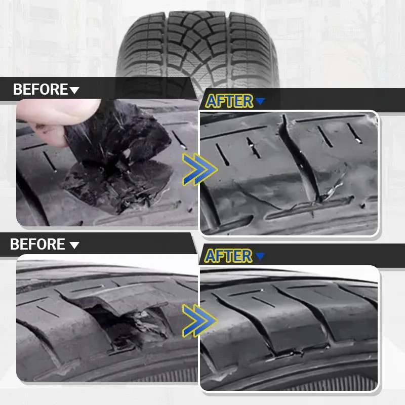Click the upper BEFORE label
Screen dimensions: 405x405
pyautogui.click(x=40, y=89)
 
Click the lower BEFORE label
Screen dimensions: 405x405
pyautogui.click(x=37, y=244)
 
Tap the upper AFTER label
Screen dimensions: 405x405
pyautogui.click(x=229, y=101)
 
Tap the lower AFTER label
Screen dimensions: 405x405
pyautogui.click(x=228, y=256)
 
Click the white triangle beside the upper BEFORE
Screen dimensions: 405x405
pyautogui.click(x=74, y=90)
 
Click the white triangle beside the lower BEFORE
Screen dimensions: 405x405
pyautogui.click(x=74, y=245)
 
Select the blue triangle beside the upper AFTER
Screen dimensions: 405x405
pyautogui.click(x=260, y=101)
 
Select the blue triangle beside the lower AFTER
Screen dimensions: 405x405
pyautogui.click(x=260, y=256)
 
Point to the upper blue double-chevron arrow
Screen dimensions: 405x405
pyautogui.click(x=199, y=170)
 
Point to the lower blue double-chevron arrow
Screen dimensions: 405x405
pyautogui.click(x=199, y=321)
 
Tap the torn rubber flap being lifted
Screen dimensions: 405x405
pyautogui.click(x=116, y=134)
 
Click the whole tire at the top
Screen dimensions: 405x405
pyautogui.click(x=197, y=49)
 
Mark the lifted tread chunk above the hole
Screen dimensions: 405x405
pyautogui.click(x=121, y=300)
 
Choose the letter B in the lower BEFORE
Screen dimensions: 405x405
pyautogui.click(x=15, y=244)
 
